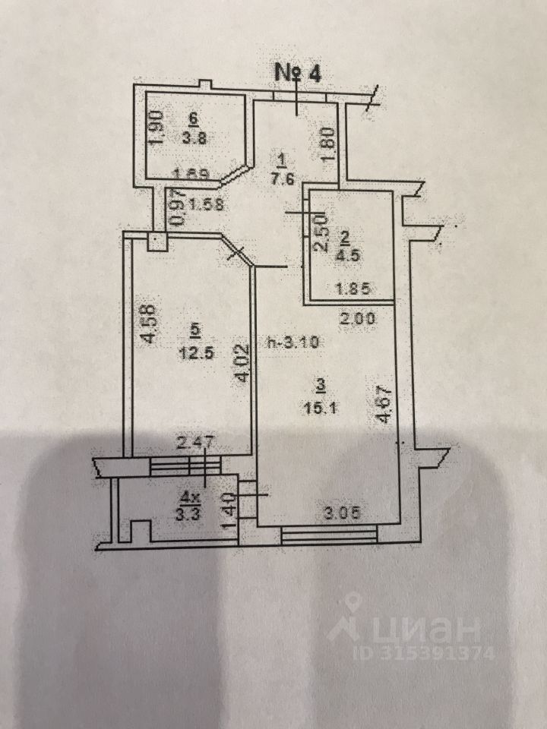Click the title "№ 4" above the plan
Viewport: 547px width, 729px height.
(299, 74)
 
